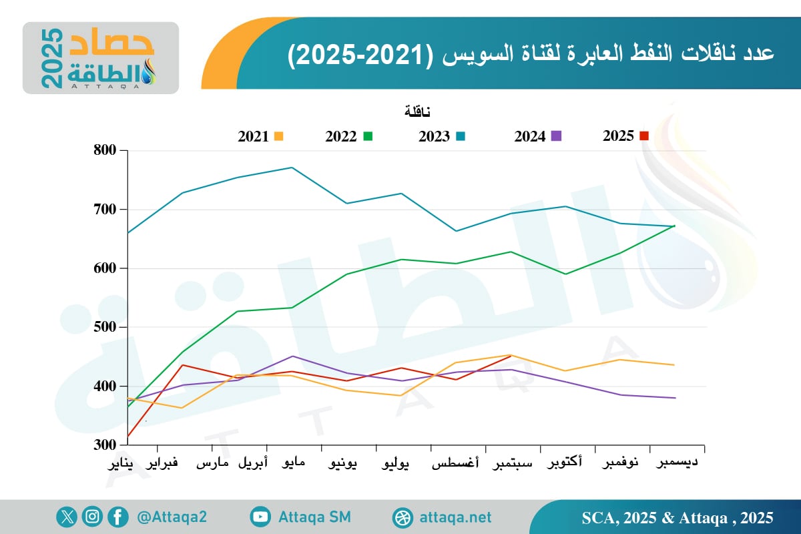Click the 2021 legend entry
coord(260,136)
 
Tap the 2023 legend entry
coord(441,136)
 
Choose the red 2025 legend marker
coord(644,136)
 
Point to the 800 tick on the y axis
coord(105,151)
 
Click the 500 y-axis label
coord(105,328)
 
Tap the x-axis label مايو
coord(291,463)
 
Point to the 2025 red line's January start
coord(127,437)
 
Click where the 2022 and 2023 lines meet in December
coord(675,226)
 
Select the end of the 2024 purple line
coord(676,398)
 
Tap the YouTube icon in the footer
coord(260,517)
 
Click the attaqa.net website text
coord(455,517)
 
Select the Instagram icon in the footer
coord(92,517)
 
